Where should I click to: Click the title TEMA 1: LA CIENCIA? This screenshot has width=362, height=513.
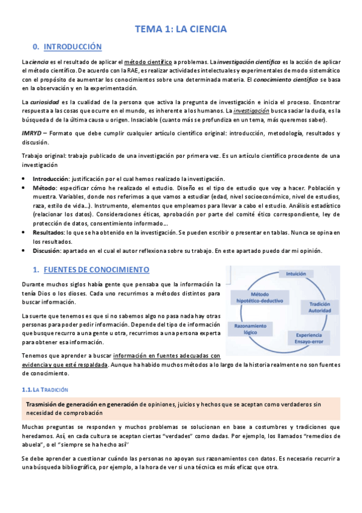click(180, 28)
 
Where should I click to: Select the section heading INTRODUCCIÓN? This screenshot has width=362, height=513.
click(73, 47)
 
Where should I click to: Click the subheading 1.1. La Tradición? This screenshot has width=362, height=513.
click(45, 373)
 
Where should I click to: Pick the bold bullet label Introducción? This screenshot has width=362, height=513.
click(51, 179)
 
